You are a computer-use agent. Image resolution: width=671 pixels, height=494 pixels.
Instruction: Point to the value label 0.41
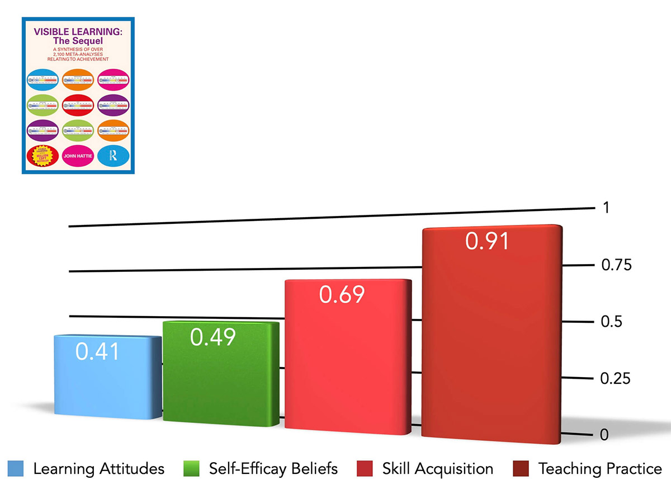[97, 351]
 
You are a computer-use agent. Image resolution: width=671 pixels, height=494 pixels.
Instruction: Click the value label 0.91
[487, 241]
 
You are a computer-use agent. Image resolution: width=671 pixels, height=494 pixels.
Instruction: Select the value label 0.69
[342, 295]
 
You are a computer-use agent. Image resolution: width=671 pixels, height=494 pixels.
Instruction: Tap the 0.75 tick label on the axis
[616, 265]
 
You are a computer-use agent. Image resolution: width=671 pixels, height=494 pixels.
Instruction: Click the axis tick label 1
[606, 208]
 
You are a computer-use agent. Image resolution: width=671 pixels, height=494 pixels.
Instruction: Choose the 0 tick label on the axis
[604, 435]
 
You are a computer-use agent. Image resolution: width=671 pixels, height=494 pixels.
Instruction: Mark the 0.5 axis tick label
[611, 322]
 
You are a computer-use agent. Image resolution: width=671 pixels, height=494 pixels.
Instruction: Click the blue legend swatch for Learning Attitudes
[16, 468]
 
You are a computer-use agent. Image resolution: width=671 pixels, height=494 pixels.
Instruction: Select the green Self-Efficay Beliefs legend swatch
[191, 468]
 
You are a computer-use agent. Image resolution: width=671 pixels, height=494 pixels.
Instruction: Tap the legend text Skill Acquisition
[437, 468]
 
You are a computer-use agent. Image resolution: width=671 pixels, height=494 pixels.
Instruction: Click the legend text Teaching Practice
[600, 468]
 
